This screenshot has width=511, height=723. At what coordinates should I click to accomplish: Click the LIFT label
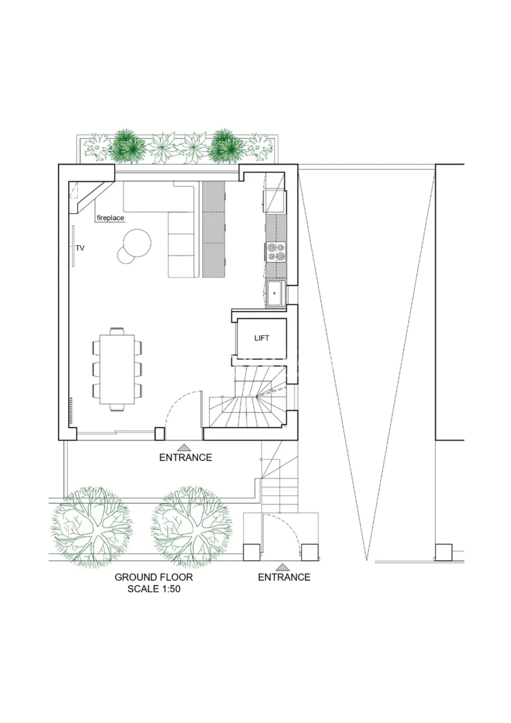(261, 338)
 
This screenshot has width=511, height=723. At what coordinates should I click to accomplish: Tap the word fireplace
(110, 218)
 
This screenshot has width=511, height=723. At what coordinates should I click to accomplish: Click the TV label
(80, 248)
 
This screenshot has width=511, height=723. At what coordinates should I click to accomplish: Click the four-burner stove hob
(276, 252)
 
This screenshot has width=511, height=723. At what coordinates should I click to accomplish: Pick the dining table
(117, 369)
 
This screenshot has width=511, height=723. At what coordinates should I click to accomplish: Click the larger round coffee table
(137, 243)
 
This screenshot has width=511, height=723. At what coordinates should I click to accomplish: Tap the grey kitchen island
(213, 229)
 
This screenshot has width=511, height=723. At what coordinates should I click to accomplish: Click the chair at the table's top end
(117, 332)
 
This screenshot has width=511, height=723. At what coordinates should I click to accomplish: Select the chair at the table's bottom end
(117, 407)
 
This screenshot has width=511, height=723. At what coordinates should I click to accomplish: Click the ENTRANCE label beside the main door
(186, 457)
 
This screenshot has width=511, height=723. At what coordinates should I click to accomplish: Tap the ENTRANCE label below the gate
(284, 577)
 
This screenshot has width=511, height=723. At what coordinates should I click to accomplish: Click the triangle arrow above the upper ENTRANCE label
(184, 448)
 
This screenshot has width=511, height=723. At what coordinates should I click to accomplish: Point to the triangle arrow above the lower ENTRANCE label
(282, 567)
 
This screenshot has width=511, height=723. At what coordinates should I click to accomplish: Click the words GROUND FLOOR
(154, 577)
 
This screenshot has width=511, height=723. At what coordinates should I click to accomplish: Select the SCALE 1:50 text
(154, 589)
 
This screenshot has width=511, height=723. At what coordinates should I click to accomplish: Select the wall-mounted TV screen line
(73, 246)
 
